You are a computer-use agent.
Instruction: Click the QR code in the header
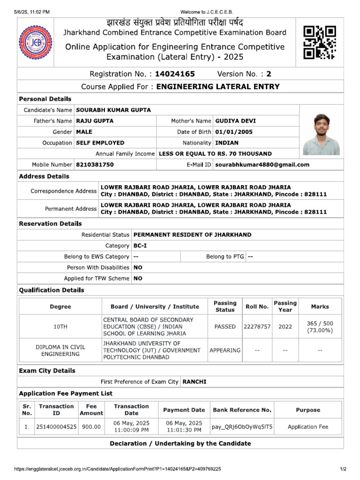coord(320,43)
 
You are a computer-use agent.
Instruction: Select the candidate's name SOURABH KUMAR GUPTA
coord(113,110)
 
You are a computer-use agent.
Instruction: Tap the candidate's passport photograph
coord(321,134)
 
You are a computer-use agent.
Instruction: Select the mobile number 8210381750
coord(95,165)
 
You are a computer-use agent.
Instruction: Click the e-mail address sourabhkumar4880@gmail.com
coord(262,165)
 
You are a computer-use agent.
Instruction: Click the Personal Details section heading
coord(45,99)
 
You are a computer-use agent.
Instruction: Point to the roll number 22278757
coord(257,327)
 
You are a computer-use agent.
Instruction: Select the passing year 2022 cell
coord(285,327)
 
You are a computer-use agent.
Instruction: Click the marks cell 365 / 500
coord(320,327)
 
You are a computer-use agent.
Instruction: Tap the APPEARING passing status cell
coord(225,350)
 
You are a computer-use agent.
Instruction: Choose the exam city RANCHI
coord(195,382)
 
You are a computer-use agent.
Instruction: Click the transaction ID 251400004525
coord(56,427)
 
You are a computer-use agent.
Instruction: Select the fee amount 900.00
coord(91,427)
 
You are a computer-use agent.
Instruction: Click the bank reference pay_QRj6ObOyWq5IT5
coord(242,427)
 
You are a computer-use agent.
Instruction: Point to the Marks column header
coord(320,307)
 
